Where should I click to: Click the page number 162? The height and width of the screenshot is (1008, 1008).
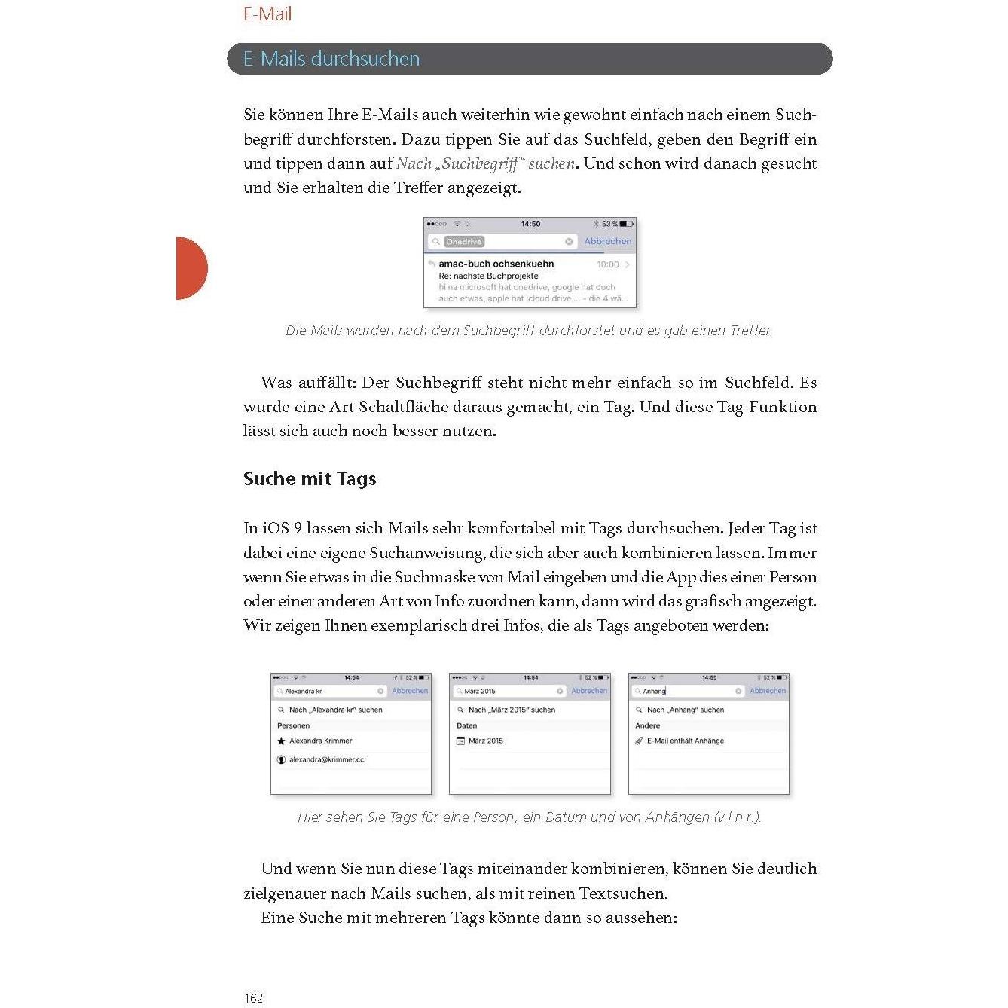[x=254, y=998]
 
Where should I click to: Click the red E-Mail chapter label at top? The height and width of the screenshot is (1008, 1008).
[x=267, y=14]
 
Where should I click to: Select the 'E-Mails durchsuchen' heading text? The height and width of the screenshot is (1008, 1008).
[x=331, y=59]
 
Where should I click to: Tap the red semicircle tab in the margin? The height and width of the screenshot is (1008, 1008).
[x=191, y=268]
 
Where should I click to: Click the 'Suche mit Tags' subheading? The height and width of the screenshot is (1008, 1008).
[x=310, y=479]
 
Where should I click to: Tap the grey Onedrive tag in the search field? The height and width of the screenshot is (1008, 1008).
[x=463, y=242]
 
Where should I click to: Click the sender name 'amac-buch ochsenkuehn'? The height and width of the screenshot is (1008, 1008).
[x=496, y=264]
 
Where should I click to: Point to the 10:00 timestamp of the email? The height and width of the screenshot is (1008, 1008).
[x=607, y=264]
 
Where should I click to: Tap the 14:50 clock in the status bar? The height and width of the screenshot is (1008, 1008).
[x=530, y=224]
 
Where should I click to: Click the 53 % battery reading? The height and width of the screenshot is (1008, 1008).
[x=609, y=224]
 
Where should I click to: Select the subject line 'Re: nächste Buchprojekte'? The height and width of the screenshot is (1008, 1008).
[x=488, y=276]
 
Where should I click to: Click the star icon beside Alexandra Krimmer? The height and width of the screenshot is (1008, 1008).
[x=282, y=741]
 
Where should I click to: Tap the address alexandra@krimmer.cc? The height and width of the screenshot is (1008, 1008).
[x=326, y=759]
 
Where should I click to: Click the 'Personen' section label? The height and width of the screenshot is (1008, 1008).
[x=293, y=725]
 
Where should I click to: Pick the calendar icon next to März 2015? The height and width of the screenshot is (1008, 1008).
[x=460, y=741]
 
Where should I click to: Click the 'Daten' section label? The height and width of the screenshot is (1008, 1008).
[x=466, y=725]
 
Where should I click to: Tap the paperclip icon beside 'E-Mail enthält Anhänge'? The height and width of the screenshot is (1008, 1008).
[x=639, y=741]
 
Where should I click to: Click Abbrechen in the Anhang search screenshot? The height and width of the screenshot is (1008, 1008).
[x=767, y=691]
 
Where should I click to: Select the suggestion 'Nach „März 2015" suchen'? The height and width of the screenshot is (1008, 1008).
[x=512, y=710]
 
